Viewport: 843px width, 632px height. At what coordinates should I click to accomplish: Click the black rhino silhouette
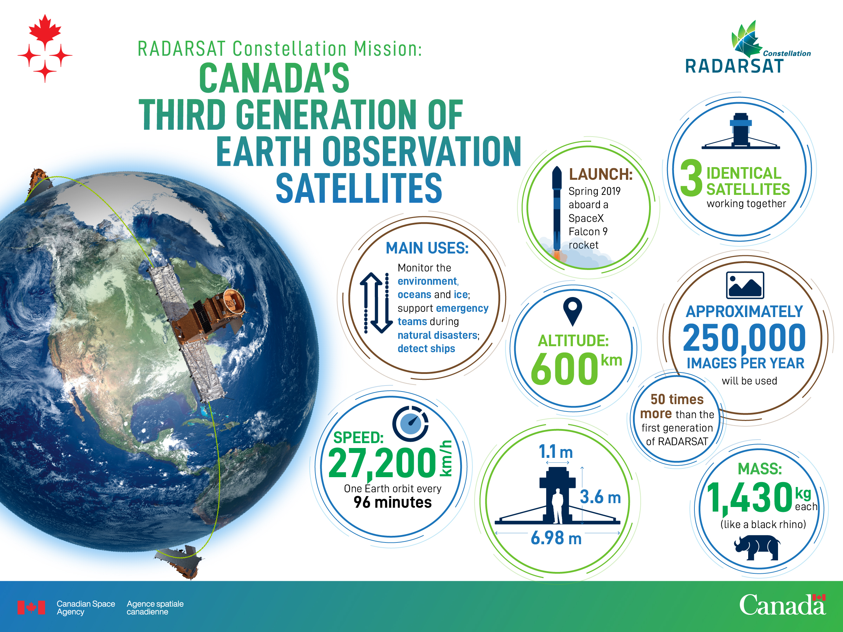[x=757, y=547]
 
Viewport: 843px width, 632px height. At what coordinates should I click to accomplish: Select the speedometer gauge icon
[x=411, y=424]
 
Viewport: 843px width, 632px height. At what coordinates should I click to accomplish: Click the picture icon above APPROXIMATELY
[x=745, y=285]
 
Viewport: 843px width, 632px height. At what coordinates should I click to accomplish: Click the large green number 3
[x=691, y=178]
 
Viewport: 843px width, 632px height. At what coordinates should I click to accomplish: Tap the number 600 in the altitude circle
[x=564, y=368]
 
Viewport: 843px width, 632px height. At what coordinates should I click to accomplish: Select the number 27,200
[x=382, y=463]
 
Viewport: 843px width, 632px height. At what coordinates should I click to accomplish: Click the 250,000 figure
[x=744, y=338]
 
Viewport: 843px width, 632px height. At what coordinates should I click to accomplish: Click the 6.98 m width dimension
[x=556, y=538]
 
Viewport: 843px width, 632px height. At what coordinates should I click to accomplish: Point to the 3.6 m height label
[x=600, y=497]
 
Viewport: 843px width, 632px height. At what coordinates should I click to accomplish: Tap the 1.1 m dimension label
[x=556, y=452]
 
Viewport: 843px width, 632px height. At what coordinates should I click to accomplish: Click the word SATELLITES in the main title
[x=359, y=188]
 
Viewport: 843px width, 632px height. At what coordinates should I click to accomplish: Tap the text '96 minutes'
[x=393, y=502]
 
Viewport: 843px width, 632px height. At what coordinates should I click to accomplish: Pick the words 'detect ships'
[x=426, y=349]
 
